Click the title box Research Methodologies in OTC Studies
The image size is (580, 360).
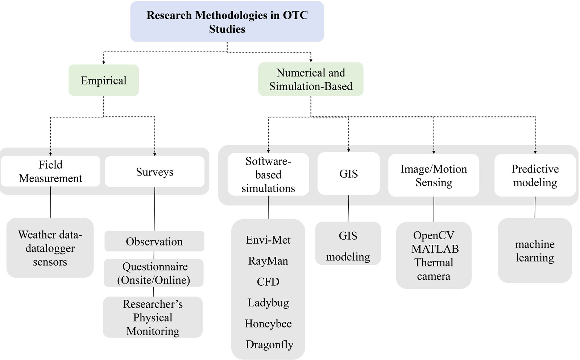[x=227, y=22]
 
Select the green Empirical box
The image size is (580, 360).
[x=104, y=80]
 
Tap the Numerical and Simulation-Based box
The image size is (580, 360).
[x=311, y=79]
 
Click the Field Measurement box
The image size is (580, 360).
[x=50, y=171]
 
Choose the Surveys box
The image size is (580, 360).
[x=154, y=172]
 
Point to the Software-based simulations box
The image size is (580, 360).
[x=268, y=174]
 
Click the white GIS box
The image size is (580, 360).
[x=348, y=174]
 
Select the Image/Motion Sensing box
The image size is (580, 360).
[x=434, y=175]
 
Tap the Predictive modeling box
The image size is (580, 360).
[x=535, y=175]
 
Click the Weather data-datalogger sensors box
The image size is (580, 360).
[x=50, y=248]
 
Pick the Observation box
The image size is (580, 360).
[x=154, y=241]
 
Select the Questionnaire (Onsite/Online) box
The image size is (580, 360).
[x=154, y=273]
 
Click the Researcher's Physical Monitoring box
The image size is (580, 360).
[x=153, y=317]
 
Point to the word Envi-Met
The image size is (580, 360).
[x=268, y=240]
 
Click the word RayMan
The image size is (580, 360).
[x=268, y=261]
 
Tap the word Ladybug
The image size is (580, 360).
[x=268, y=303]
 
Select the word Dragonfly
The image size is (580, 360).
[x=269, y=344]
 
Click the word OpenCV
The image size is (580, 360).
[x=434, y=235]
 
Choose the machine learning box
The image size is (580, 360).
[x=535, y=251]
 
